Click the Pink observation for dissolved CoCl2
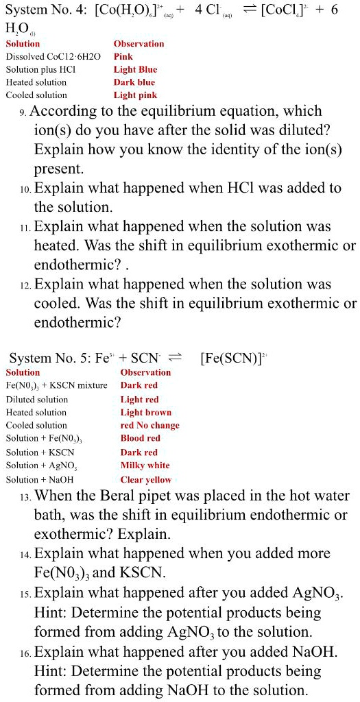coord(123,56)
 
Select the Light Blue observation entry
coord(135,69)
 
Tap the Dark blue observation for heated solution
coord(134,82)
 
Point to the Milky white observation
coord(145,465)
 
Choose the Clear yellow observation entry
coord(145,480)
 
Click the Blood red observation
coord(140,439)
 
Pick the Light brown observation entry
coord(145,413)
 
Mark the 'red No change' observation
coord(149,426)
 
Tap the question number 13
coord(25,497)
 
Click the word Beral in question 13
coord(139,496)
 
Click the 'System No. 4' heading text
coord(46,12)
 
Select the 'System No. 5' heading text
coord(49,358)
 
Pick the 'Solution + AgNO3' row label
coord(40,465)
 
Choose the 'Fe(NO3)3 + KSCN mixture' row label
coord(56,385)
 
